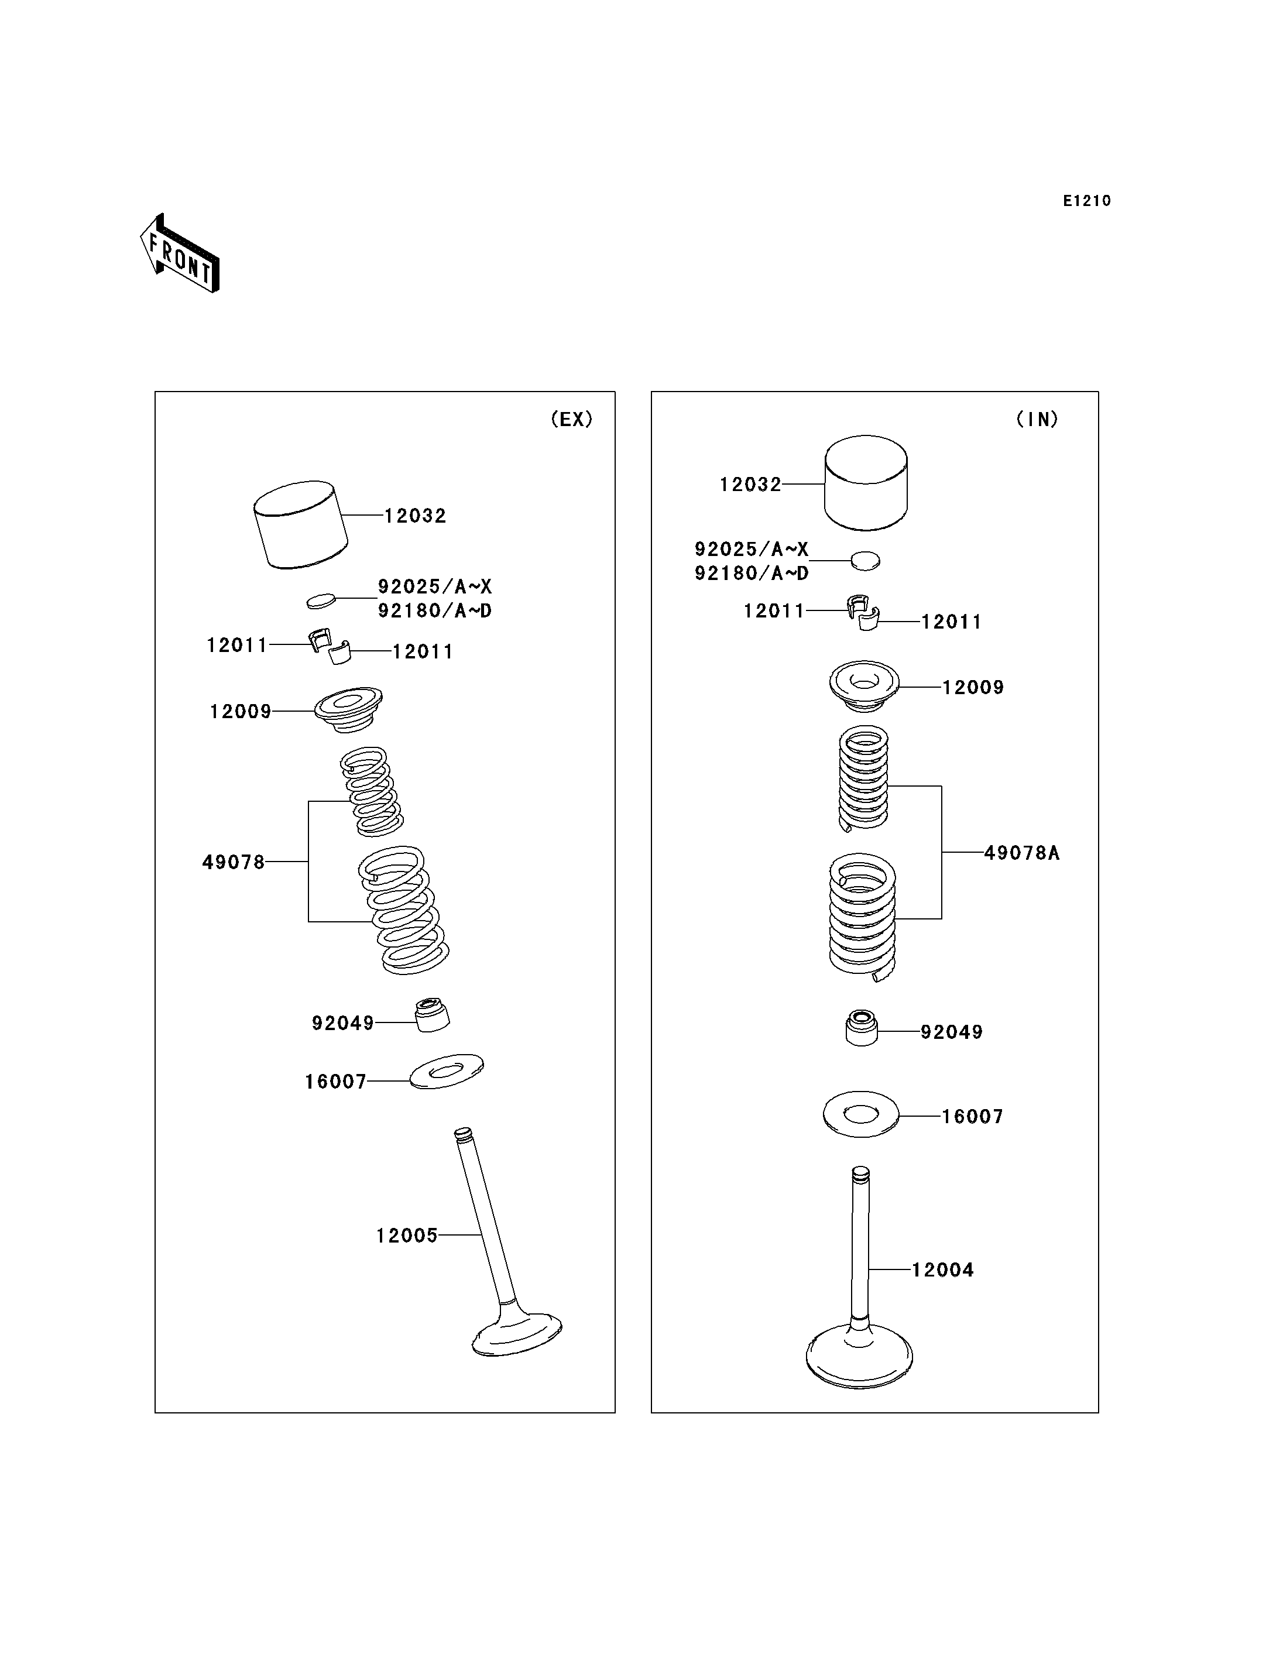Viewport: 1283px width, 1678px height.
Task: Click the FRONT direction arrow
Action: click(x=180, y=253)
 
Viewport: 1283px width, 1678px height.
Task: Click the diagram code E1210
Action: click(x=1087, y=201)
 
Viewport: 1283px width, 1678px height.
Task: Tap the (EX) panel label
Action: click(x=572, y=418)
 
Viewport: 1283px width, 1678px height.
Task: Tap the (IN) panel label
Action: click(x=1037, y=418)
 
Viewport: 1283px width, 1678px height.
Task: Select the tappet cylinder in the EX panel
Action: click(x=300, y=525)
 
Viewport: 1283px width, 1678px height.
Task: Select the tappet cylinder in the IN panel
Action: click(x=866, y=483)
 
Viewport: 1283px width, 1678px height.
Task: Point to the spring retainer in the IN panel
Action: click(x=865, y=685)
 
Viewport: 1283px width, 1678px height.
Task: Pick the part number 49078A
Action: click(x=1022, y=853)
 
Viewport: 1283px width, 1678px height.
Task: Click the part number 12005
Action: click(x=407, y=1235)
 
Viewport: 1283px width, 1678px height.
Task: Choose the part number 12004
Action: click(x=943, y=1270)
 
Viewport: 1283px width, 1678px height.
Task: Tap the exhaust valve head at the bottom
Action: click(x=517, y=1333)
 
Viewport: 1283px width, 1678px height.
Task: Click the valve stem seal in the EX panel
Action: click(x=432, y=1015)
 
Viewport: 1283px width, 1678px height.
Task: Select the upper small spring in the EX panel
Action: click(x=371, y=791)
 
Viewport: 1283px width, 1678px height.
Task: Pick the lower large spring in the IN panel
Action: click(x=863, y=917)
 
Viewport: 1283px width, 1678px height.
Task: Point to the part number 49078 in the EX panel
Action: click(x=234, y=862)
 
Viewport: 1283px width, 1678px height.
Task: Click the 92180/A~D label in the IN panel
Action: click(x=752, y=573)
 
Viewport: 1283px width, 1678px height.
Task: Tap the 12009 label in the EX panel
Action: click(x=241, y=711)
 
